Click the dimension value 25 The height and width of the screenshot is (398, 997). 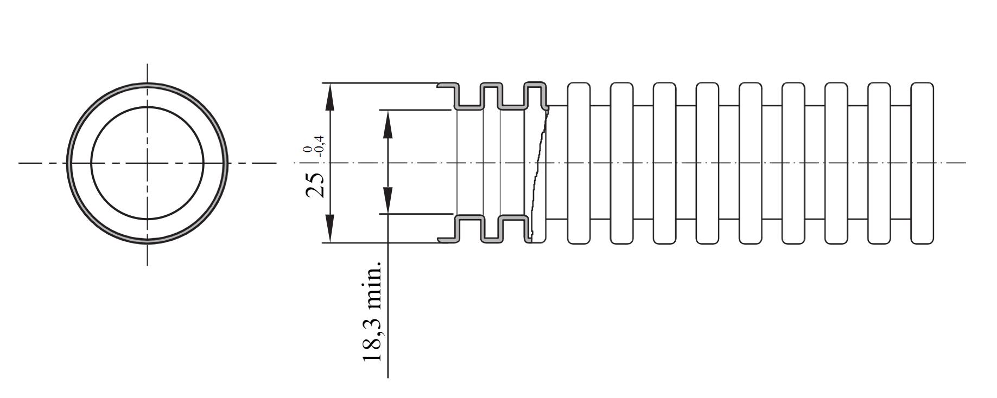(x=315, y=185)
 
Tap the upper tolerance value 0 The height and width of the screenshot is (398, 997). (x=308, y=150)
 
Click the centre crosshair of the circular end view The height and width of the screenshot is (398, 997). (x=148, y=163)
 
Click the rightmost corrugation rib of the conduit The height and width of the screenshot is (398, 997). (x=922, y=163)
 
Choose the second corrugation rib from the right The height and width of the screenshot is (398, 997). (x=879, y=163)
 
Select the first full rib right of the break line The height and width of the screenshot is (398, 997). (x=579, y=163)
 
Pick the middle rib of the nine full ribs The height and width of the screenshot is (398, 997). (x=751, y=163)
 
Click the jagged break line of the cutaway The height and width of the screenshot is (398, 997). (x=538, y=174)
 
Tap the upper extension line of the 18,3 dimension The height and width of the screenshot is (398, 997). (x=415, y=110)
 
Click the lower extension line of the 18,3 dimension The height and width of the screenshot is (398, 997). (x=415, y=214)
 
